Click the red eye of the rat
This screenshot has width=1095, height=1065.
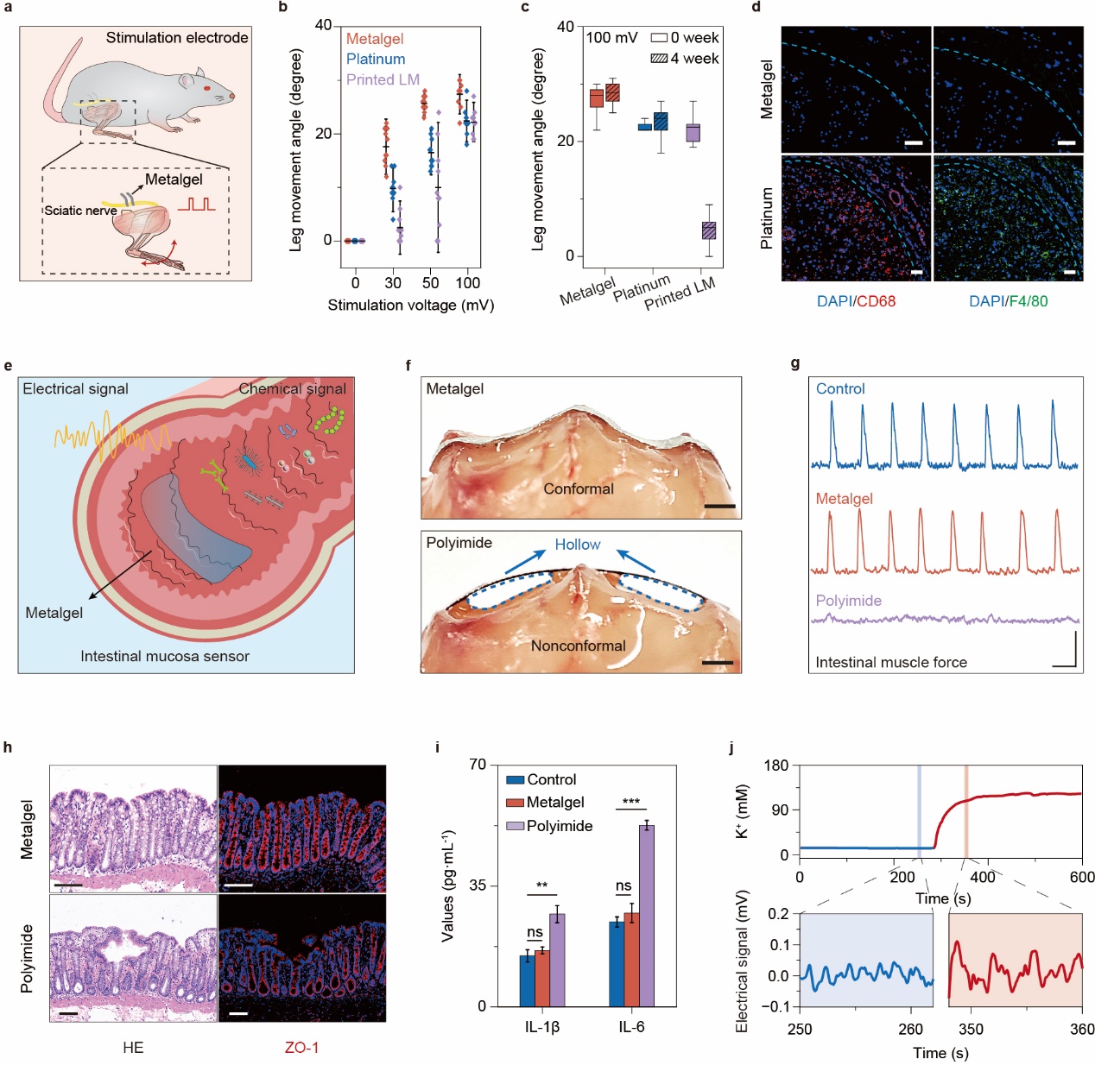[207, 87]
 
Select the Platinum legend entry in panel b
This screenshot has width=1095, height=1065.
[376, 60]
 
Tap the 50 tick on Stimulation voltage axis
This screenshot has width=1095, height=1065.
[430, 283]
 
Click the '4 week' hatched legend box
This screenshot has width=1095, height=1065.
[659, 59]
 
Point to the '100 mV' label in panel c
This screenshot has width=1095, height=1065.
[611, 38]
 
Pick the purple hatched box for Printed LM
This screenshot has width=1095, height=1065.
[708, 230]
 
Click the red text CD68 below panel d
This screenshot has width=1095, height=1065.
[876, 301]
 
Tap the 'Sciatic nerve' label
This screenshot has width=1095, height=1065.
[80, 211]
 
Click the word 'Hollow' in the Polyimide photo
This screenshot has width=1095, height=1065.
[577, 545]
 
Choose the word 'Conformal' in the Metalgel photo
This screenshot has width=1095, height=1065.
[578, 489]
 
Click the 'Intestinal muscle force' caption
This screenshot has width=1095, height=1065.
[890, 663]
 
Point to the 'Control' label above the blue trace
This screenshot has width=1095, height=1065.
[839, 389]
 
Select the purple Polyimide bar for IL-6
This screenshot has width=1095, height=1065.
[646, 916]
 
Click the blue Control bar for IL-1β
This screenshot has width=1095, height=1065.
[527, 980]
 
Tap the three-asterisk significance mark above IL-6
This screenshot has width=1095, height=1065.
[630, 802]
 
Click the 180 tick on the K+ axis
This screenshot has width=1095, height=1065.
[777, 766]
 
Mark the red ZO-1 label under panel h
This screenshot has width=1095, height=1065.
[301, 1048]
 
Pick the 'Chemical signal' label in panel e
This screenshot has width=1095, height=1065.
[292, 389]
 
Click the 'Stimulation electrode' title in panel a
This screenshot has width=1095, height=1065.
[177, 38]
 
